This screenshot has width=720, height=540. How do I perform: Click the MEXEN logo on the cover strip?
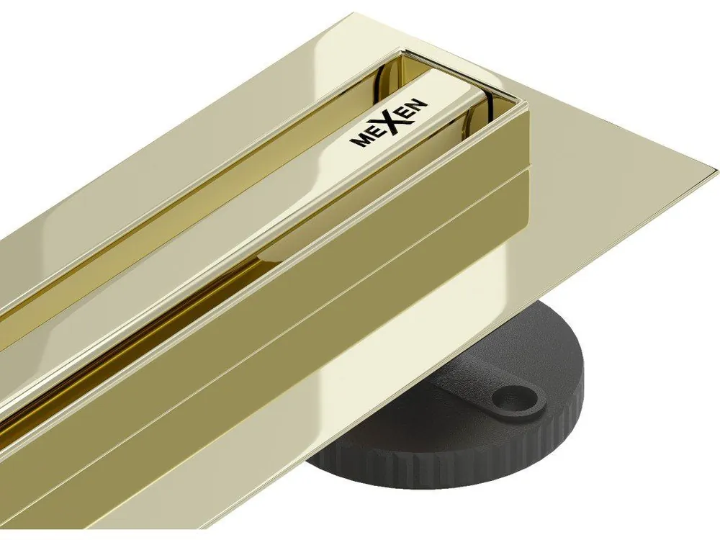(x=388, y=124)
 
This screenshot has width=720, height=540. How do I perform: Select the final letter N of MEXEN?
(x=420, y=107)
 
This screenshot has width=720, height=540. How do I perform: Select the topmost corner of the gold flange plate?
(x=354, y=13)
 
